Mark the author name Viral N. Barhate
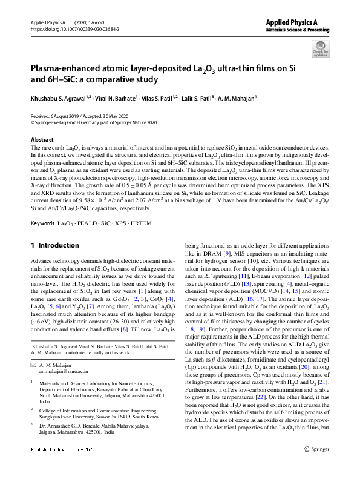pos(114,97)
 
